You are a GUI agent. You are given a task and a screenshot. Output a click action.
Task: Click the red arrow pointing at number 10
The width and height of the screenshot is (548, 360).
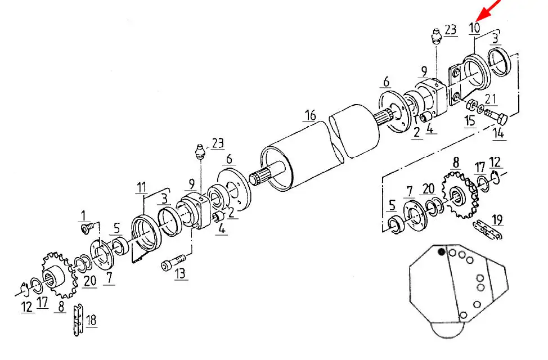[x=489, y=10]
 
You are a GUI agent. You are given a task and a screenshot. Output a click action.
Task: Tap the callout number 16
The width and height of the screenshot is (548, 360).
[x=310, y=115]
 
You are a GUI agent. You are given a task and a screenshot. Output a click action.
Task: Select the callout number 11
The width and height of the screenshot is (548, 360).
[x=142, y=187]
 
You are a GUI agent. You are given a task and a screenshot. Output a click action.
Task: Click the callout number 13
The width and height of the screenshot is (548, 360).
[x=181, y=273]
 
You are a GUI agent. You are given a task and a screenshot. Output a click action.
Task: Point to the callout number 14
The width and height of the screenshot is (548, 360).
[x=498, y=133]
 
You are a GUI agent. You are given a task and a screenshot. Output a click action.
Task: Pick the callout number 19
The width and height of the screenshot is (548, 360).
[x=497, y=220]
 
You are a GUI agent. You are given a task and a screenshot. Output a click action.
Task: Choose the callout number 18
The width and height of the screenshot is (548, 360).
[x=91, y=320]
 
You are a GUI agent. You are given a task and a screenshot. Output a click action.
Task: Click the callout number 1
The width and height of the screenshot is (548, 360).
[x=83, y=215]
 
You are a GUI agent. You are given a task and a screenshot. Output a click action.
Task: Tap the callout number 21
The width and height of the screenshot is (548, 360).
[x=491, y=99]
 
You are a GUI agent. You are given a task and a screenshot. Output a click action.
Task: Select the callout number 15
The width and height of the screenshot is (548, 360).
[x=470, y=120]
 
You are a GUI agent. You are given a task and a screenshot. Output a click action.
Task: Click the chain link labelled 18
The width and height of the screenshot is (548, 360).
[x=78, y=320]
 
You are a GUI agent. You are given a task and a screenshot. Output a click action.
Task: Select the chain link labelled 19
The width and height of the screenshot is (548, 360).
[x=488, y=229]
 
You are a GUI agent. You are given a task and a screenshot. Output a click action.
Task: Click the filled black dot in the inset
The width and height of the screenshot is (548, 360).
[x=442, y=251]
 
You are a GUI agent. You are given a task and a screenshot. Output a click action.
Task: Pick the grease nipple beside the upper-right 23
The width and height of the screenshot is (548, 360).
[x=435, y=37]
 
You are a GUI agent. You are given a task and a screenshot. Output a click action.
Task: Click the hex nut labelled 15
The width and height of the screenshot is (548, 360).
[x=471, y=104]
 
